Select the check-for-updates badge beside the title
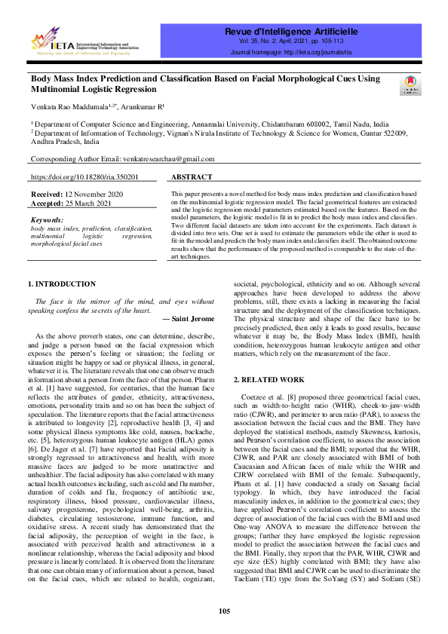[x=410, y=84]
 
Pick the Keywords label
[x=47, y=220]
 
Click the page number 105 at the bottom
[x=224, y=611]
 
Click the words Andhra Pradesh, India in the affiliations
[x=65, y=141]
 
